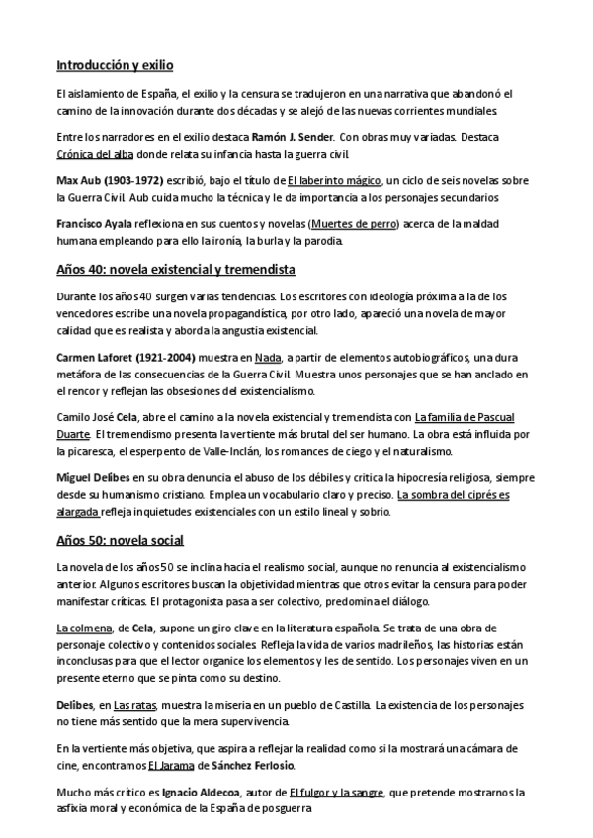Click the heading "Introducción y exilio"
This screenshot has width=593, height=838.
[x=115, y=66]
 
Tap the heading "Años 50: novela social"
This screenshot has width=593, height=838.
[x=120, y=541]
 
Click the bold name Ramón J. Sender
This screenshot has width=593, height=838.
[x=293, y=137]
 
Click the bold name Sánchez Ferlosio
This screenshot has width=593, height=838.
[x=249, y=765]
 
